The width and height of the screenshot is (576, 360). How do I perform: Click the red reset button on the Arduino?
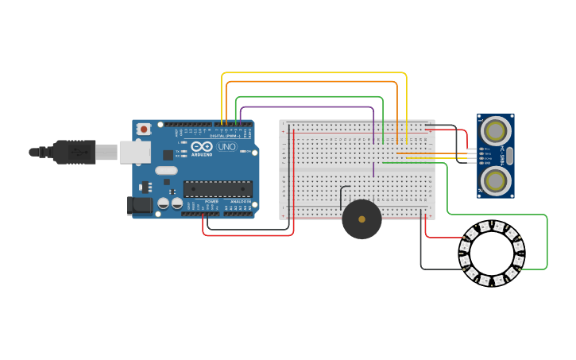144,129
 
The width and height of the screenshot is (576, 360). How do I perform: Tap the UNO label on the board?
226,146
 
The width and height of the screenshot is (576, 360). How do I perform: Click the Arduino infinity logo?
202,146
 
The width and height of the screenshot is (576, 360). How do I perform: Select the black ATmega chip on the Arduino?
218,189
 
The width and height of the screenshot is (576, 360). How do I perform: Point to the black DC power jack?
140,205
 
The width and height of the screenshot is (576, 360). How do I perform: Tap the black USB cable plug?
75,152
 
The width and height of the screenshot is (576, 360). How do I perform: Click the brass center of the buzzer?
361,219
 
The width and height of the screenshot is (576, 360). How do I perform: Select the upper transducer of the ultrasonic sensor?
496,130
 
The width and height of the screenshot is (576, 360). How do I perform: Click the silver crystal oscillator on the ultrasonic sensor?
509,155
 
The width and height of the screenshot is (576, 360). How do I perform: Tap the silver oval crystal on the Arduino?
166,170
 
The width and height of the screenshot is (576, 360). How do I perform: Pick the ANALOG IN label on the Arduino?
239,202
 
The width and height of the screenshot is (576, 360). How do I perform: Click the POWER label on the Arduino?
211,202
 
